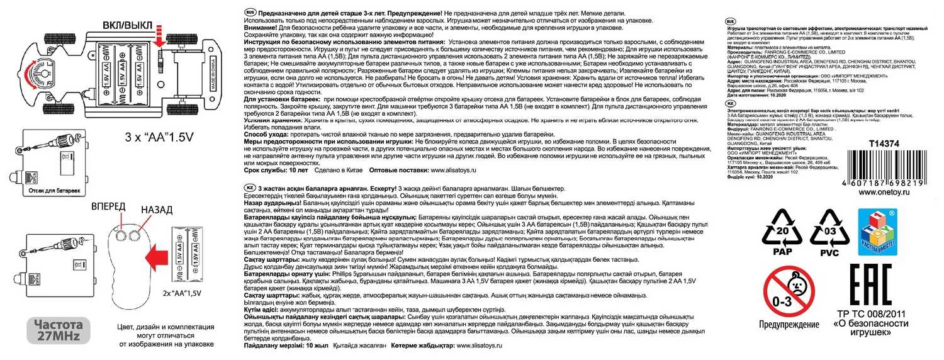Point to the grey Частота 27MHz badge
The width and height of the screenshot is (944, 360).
(x=58, y=331)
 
